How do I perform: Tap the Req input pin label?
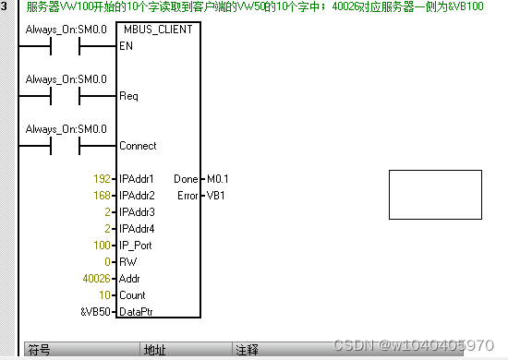[128, 96]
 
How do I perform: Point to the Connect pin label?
[138, 146]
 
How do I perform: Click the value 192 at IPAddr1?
[102, 178]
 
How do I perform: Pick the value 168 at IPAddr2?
[102, 195]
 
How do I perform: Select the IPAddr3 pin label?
[138, 211]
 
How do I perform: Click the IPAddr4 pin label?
[138, 228]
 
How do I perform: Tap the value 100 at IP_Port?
[102, 245]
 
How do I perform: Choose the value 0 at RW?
[107, 261]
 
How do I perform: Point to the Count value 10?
[104, 294]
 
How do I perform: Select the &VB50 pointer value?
[96, 312]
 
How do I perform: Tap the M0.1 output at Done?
[218, 178]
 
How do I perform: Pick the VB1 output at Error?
[214, 195]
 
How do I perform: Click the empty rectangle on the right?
[435, 195]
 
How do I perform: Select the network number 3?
[5, 7]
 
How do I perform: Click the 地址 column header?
[154, 351]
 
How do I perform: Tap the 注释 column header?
[247, 351]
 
